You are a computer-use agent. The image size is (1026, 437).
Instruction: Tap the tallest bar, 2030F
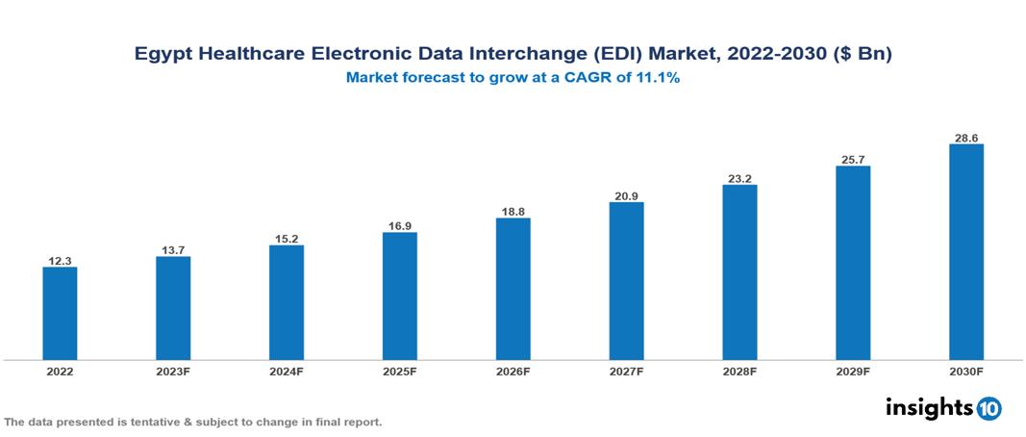click(x=965, y=252)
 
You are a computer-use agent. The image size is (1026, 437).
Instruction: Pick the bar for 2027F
click(x=626, y=281)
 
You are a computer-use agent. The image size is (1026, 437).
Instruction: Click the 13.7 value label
click(x=173, y=250)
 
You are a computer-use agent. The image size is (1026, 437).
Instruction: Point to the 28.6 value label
click(x=965, y=138)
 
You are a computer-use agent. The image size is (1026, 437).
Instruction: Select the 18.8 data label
click(x=513, y=211)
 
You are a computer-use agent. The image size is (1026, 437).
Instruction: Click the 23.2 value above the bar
click(x=739, y=178)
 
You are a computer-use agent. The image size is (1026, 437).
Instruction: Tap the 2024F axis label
click(x=287, y=372)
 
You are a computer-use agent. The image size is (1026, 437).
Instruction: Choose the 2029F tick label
click(x=853, y=372)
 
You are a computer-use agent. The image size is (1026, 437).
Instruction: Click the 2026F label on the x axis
click(x=513, y=372)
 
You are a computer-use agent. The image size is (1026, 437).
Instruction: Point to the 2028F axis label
click(x=739, y=372)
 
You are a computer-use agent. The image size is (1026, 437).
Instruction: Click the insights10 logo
click(x=943, y=407)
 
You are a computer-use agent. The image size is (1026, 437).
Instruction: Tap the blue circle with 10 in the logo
click(x=989, y=408)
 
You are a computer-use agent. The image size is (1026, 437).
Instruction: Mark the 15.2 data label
click(x=287, y=239)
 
